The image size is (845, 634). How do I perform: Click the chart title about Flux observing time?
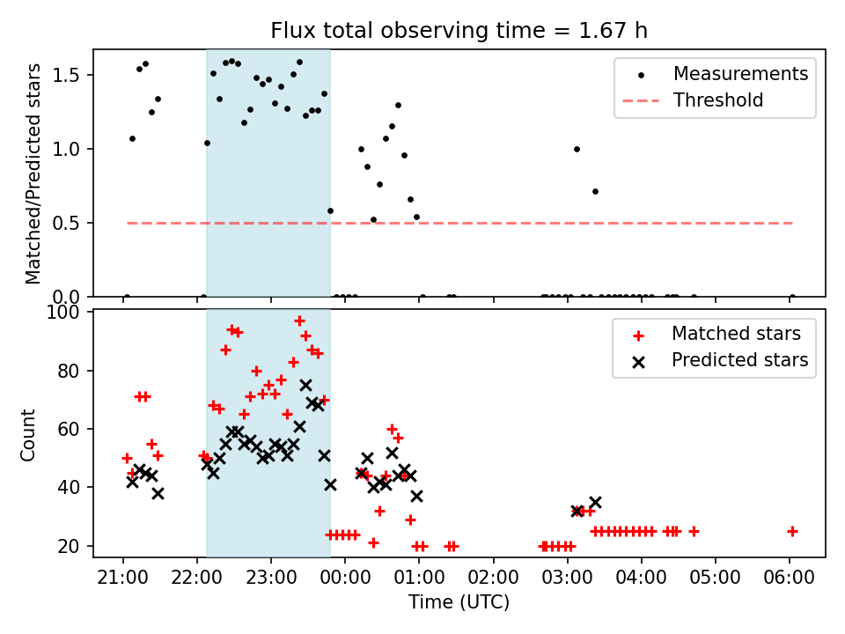pyautogui.click(x=459, y=32)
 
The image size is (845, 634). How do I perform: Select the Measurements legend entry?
pyautogui.click(x=740, y=74)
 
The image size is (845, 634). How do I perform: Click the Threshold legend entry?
pyautogui.click(x=718, y=100)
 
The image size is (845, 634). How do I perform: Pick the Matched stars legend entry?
pyautogui.click(x=736, y=334)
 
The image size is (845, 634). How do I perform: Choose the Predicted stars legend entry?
pyautogui.click(x=739, y=360)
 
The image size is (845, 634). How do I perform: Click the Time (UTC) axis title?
pyautogui.click(x=459, y=602)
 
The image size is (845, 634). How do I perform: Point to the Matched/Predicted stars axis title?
pyautogui.click(x=33, y=173)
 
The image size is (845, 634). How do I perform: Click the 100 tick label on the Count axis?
pyautogui.click(x=70, y=313)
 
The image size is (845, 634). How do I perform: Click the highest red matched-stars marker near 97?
pyautogui.click(x=299, y=321)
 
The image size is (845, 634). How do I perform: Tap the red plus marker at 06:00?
pyautogui.click(x=792, y=531)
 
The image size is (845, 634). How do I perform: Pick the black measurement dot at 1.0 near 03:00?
pyautogui.click(x=577, y=149)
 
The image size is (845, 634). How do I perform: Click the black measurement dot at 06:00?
pyautogui.click(x=792, y=297)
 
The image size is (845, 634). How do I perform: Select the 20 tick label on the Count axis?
pyautogui.click(x=73, y=546)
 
